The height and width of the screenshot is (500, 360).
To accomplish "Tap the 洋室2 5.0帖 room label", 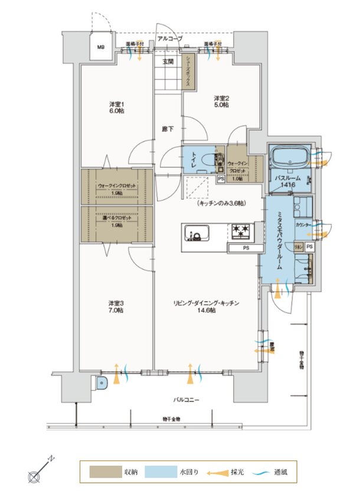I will pyautogui.click(x=221, y=101).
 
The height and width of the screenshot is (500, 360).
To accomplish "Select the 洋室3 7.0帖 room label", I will pyautogui.click(x=115, y=306).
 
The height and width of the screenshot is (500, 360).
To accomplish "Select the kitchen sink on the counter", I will pyautogui.click(x=195, y=232).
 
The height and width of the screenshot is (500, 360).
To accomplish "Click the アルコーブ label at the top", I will pyautogui.click(x=169, y=39).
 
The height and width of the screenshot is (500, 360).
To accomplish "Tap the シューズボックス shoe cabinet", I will pyautogui.click(x=188, y=71).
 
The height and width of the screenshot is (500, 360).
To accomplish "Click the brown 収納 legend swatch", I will pyautogui.click(x=103, y=472).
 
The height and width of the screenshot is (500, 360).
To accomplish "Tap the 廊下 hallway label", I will pyautogui.click(x=168, y=129).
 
